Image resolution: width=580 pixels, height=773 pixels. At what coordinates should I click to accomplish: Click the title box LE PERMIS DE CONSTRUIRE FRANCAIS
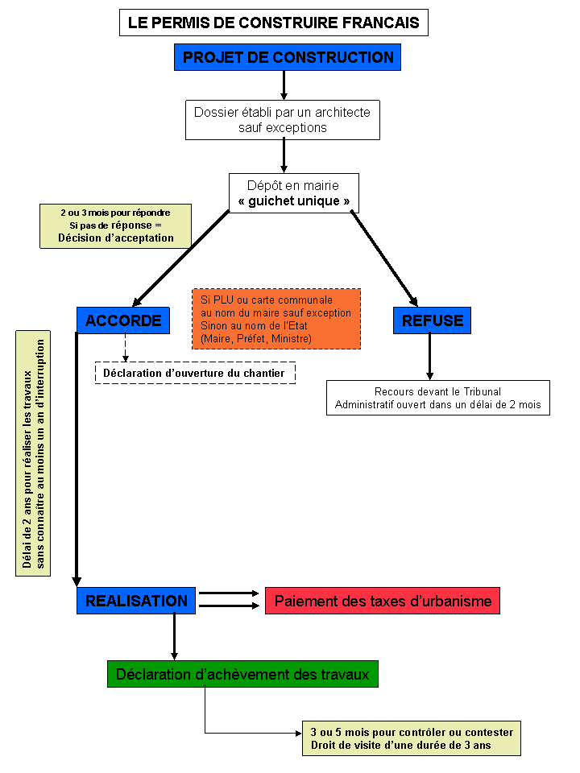pyautogui.click(x=274, y=23)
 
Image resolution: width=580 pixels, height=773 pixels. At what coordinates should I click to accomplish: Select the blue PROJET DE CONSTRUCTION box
pyautogui.click(x=288, y=57)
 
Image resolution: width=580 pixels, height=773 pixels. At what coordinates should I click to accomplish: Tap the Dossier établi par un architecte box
pyautogui.click(x=283, y=120)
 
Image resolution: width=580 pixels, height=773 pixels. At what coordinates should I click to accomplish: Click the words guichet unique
pyautogui.click(x=294, y=201)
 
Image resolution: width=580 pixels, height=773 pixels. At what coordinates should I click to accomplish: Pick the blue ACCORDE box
pyautogui.click(x=123, y=320)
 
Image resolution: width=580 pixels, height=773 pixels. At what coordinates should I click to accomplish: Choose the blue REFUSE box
pyautogui.click(x=432, y=320)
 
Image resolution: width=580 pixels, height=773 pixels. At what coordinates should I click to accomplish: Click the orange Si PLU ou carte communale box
pyautogui.click(x=276, y=319)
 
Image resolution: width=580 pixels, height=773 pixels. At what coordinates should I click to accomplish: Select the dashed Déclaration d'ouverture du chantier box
pyautogui.click(x=195, y=373)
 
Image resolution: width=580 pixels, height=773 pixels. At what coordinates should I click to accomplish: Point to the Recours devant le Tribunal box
pyautogui.click(x=438, y=398)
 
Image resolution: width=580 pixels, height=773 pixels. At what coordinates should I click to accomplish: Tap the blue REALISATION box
pyautogui.click(x=136, y=601)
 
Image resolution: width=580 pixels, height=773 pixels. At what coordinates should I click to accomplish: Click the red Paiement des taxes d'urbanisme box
pyautogui.click(x=383, y=601)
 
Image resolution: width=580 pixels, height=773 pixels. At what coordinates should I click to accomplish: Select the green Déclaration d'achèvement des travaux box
pyautogui.click(x=242, y=674)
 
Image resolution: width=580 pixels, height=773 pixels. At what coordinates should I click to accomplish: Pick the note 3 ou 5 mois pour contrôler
pyautogui.click(x=412, y=738)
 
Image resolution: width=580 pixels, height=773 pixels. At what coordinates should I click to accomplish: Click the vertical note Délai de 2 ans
pyautogui.click(x=33, y=453)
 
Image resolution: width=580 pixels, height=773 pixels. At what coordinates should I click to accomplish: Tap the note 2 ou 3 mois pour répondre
pyautogui.click(x=115, y=225)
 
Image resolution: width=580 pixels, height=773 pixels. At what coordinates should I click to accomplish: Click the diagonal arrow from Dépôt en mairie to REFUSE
pyautogui.click(x=384, y=258)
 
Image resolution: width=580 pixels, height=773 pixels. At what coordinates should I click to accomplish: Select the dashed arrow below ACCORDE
pyautogui.click(x=126, y=348)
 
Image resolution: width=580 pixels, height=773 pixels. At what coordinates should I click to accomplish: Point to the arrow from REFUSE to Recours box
pyautogui.click(x=429, y=357)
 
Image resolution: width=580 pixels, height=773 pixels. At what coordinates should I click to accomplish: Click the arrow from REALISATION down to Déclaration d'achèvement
pyautogui.click(x=174, y=637)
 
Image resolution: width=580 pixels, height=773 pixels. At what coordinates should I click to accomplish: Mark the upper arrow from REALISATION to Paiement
pyautogui.click(x=229, y=593)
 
